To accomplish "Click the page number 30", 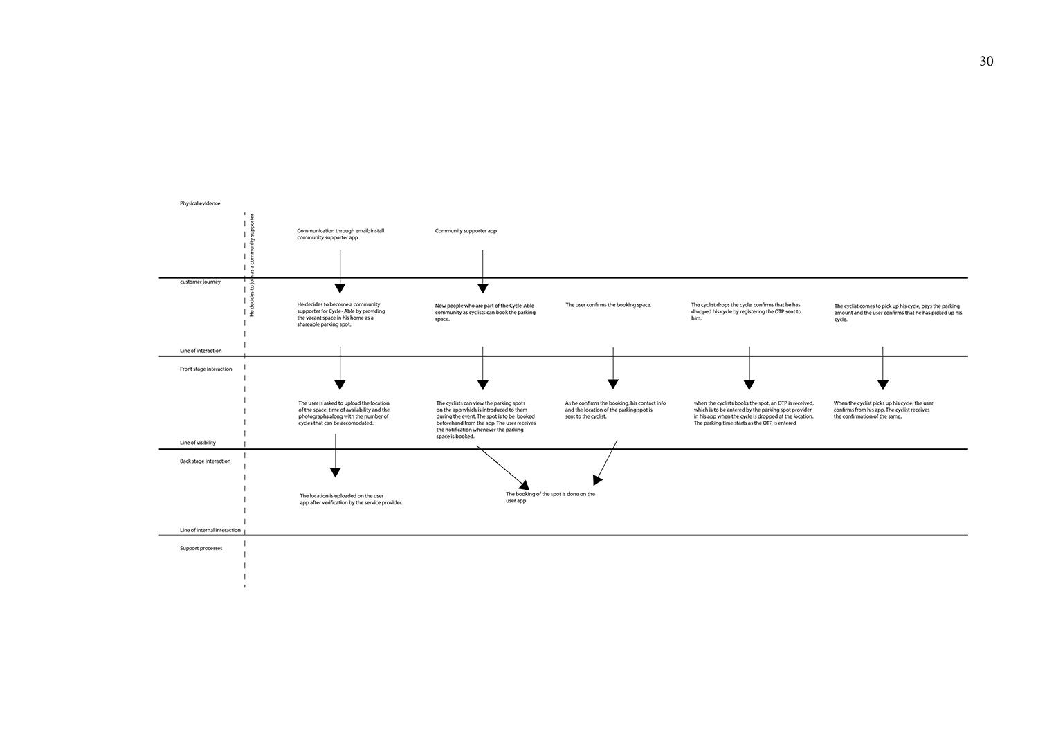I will [986, 62].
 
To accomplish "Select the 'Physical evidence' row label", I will [200, 203].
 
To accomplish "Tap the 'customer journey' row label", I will [200, 282].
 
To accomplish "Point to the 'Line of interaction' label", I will [201, 351].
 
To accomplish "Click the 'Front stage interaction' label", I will [206, 369].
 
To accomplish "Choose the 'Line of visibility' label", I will [198, 443].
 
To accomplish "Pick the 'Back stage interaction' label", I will [206, 461].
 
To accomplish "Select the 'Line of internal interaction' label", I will [210, 530].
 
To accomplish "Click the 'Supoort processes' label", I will [201, 548].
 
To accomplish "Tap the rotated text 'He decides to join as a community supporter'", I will [252, 265].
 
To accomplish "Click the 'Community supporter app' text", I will [466, 231].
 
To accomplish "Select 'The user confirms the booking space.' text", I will [608, 305].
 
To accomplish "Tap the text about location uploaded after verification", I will [351, 499].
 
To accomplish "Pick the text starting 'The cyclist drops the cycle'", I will [746, 311].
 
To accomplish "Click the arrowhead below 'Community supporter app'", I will [483, 288].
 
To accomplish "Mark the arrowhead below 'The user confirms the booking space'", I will [613, 383].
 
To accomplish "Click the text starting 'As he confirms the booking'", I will [615, 410].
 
